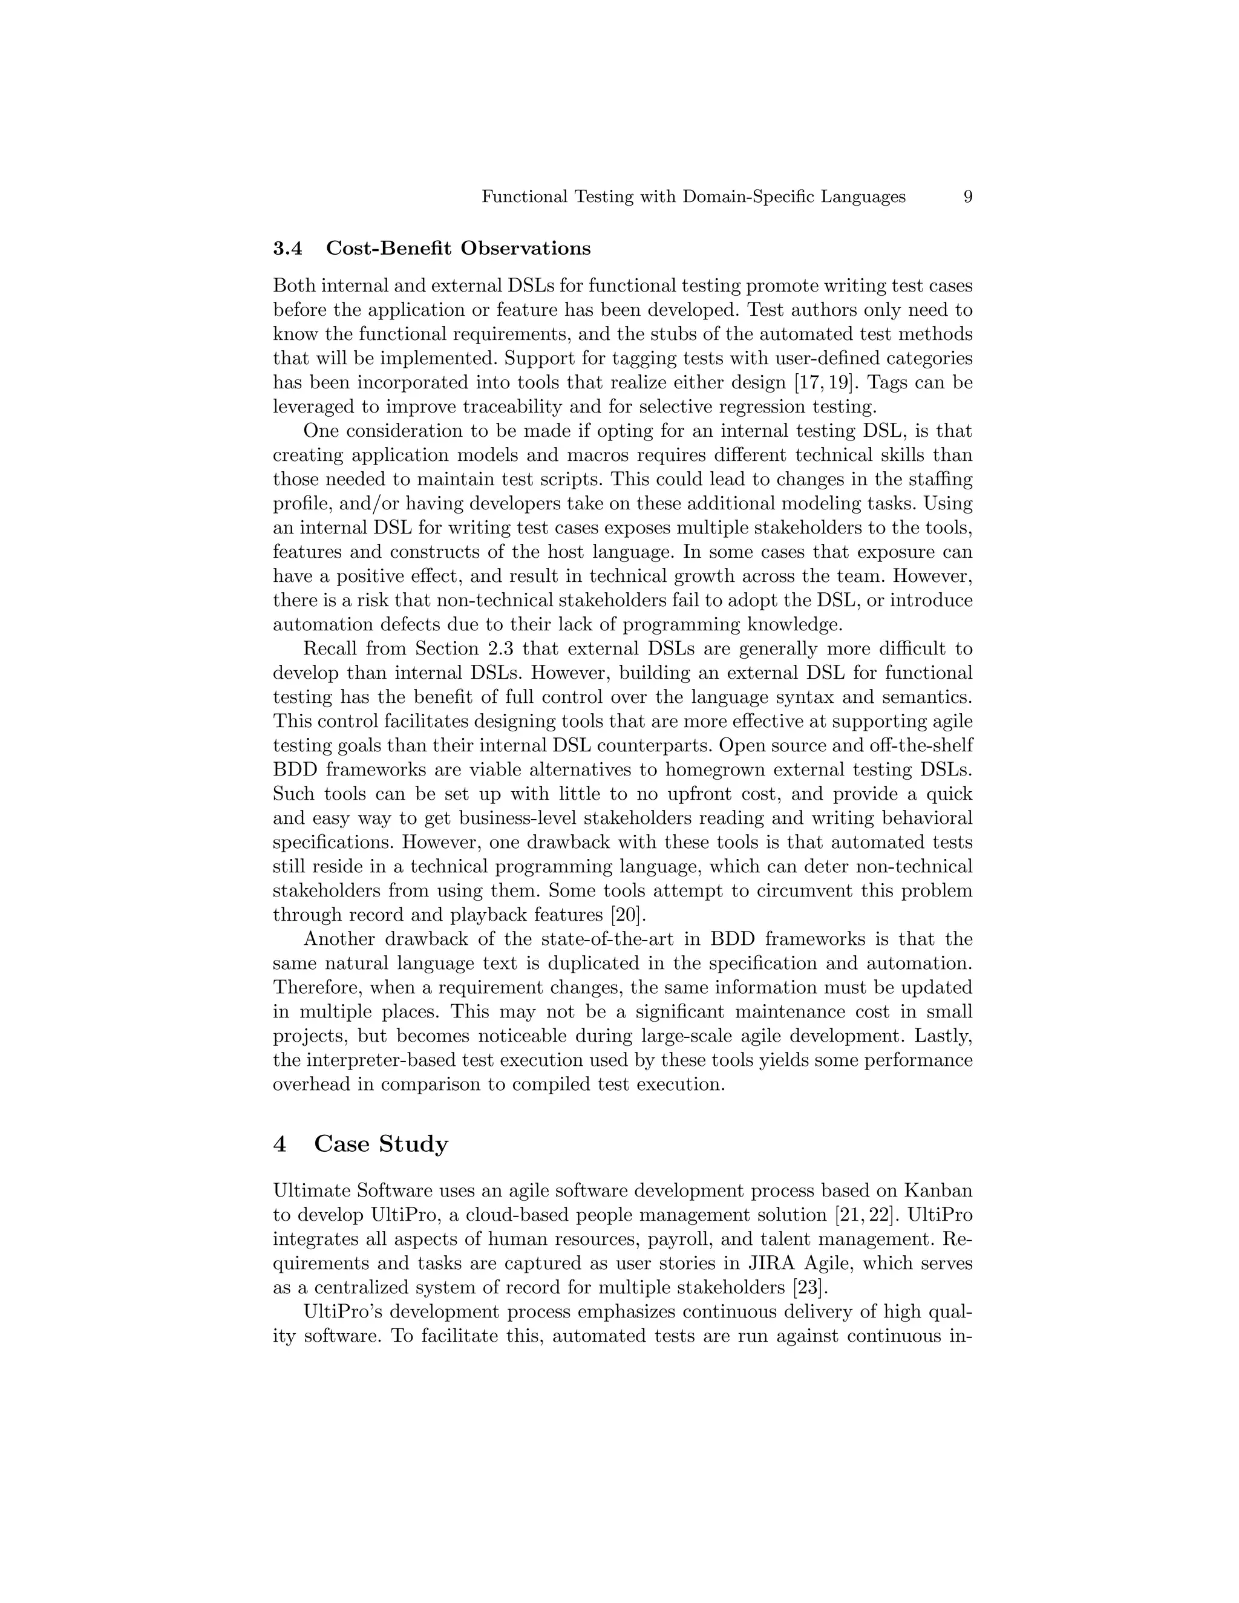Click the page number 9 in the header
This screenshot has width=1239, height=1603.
click(x=967, y=197)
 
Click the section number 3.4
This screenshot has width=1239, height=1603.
click(x=288, y=249)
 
